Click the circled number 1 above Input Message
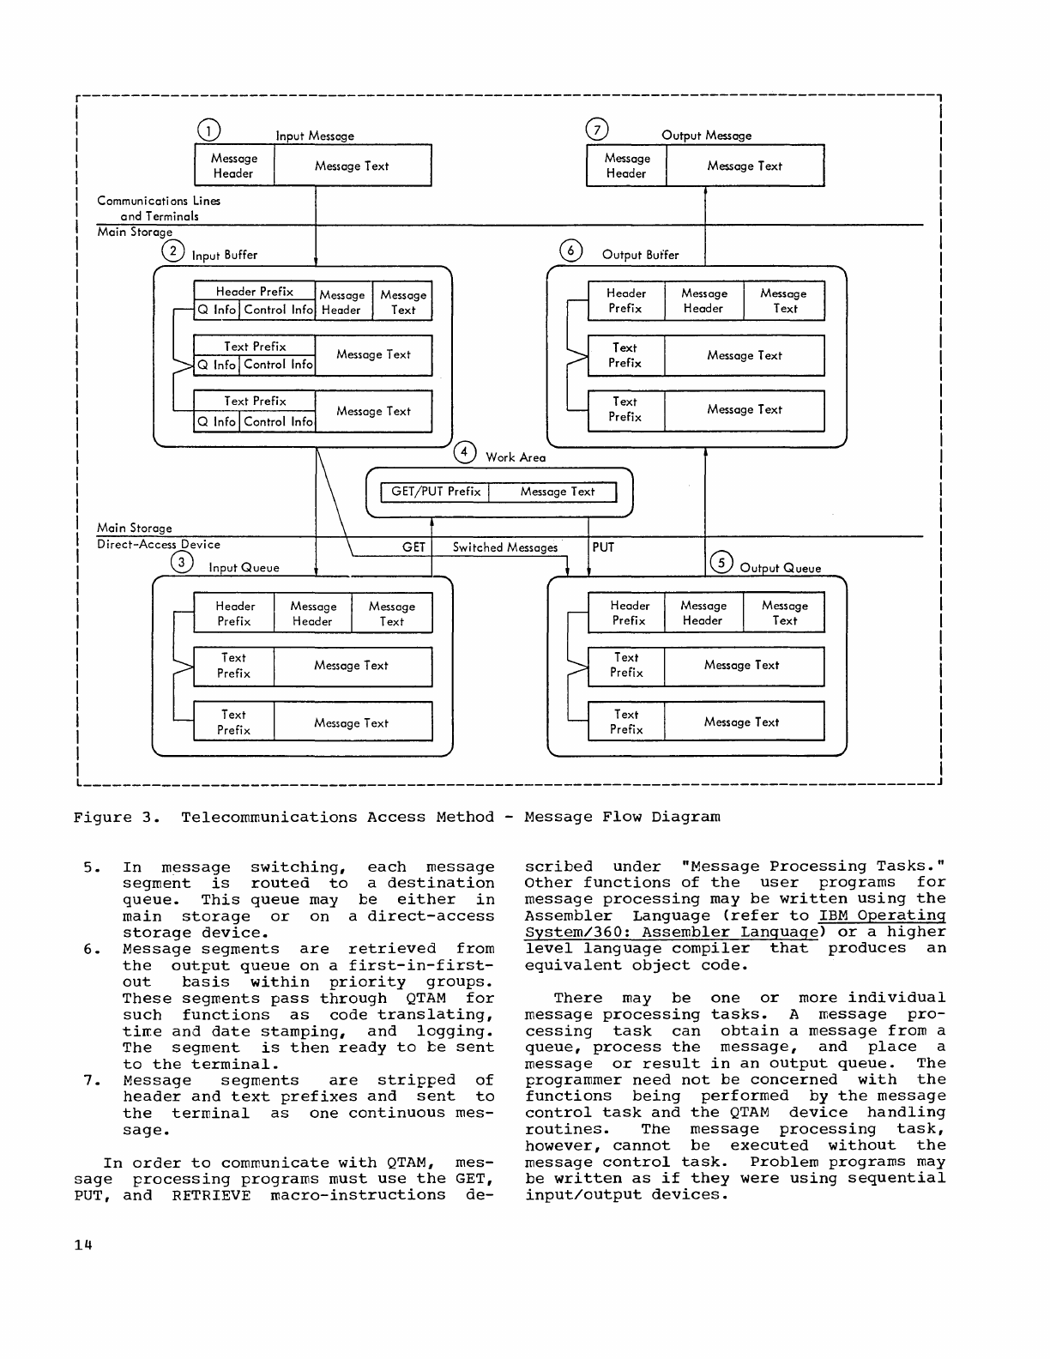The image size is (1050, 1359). point(208,130)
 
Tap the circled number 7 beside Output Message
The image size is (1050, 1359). point(596,130)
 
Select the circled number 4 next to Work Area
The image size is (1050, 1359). point(465,453)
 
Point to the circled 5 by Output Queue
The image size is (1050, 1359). point(722,562)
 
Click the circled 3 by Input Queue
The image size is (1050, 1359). point(182,562)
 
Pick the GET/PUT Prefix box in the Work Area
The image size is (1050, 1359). point(435,492)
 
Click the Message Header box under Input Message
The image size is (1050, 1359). point(233,166)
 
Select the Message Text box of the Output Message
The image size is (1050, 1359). point(745,166)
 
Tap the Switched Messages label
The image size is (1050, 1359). point(504,547)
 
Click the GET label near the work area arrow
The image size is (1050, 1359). point(413,547)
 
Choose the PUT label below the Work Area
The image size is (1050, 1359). point(603,547)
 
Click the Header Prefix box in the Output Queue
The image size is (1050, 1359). point(628,613)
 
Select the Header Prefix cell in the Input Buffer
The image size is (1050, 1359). point(255,292)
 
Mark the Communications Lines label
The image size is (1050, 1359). point(159,201)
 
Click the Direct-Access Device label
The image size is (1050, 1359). point(159,544)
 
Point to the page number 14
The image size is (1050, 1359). point(82,1245)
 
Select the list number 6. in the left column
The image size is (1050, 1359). point(93,949)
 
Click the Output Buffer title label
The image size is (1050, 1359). point(640,255)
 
